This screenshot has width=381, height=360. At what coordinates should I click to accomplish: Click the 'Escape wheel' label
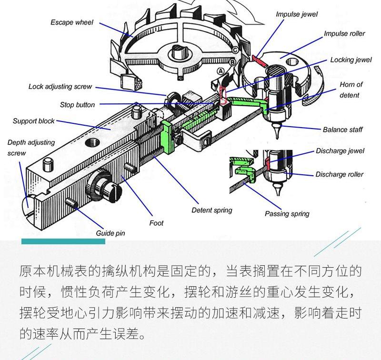[x=72, y=22]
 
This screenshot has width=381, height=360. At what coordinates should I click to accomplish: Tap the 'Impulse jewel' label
[x=296, y=14]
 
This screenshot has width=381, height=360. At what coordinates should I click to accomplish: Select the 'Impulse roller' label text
[x=344, y=34]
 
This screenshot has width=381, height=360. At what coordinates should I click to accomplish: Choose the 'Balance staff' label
[x=342, y=130]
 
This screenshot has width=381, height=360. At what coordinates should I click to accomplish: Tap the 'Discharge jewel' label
[x=340, y=151]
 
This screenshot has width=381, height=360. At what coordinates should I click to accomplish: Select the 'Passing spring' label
[x=287, y=214]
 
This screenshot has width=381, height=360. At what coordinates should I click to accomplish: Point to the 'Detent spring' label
[x=211, y=210]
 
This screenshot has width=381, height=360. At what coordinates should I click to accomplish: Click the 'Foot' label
[x=156, y=223]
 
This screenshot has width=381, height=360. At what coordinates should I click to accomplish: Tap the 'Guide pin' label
[x=110, y=233]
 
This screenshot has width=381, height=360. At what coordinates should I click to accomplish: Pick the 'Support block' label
[x=34, y=121]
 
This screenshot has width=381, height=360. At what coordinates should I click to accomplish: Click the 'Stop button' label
[x=77, y=105]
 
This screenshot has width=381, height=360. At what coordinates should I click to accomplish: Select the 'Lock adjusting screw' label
[x=60, y=87]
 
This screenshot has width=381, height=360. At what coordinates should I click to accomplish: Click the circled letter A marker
[x=220, y=70]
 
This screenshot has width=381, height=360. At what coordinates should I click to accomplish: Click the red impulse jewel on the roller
[x=260, y=60]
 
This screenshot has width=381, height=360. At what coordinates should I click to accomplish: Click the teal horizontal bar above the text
[x=63, y=242]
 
